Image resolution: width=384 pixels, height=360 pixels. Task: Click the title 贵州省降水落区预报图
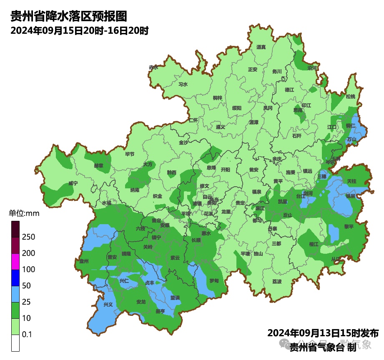click(x=68, y=17)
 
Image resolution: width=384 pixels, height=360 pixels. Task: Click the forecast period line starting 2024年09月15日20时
click(x=80, y=31)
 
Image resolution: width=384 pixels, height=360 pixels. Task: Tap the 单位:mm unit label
click(x=24, y=214)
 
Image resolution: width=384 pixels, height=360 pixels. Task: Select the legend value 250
click(x=28, y=237)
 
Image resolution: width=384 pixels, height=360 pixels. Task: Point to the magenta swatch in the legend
click(x=15, y=261)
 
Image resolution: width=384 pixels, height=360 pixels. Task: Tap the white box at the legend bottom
click(x=15, y=343)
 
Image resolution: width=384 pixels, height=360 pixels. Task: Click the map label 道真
click(x=261, y=47)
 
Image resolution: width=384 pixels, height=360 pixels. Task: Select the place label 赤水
click(x=153, y=67)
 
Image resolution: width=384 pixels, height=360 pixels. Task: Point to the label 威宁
click(x=73, y=183)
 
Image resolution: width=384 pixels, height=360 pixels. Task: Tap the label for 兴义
click(x=108, y=304)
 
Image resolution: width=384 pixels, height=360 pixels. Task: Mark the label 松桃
click(x=350, y=97)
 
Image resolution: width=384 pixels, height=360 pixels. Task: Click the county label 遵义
click(x=221, y=127)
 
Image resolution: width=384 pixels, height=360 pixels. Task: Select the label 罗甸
click(x=214, y=281)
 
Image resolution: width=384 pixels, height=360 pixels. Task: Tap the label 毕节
click(x=130, y=154)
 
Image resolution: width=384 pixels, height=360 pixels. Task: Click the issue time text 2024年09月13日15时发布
click(x=323, y=333)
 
